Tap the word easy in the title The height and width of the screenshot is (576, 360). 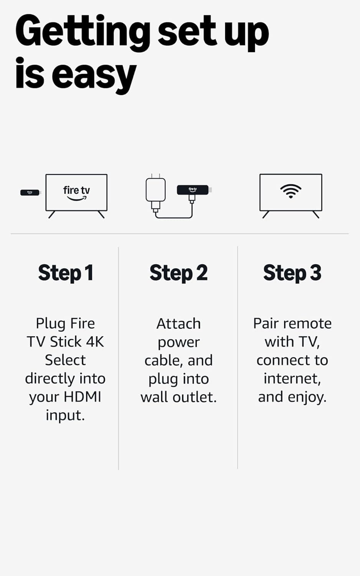point(94,75)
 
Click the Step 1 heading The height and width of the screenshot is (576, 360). point(66,273)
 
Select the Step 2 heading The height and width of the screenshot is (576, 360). point(178,273)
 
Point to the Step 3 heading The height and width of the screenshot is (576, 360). point(292,273)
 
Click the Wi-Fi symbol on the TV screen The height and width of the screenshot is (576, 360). point(291,190)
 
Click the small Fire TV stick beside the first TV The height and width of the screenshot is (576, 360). point(30,192)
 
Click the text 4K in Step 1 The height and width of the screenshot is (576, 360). point(94,341)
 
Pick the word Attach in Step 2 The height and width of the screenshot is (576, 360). point(178,324)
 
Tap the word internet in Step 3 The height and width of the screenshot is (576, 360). point(292,379)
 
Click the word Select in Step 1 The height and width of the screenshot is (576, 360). point(65,360)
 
